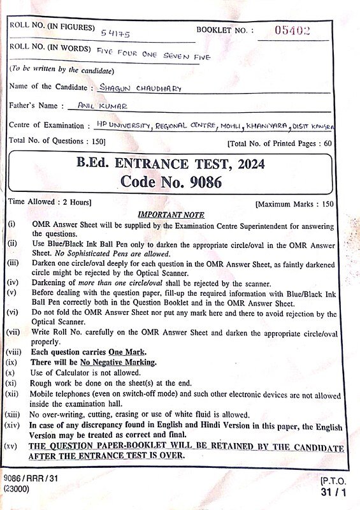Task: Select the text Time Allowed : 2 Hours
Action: tap(50, 202)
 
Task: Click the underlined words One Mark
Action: tap(127, 351)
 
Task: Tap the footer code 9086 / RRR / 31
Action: tap(31, 477)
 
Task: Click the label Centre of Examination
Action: tap(46, 126)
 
